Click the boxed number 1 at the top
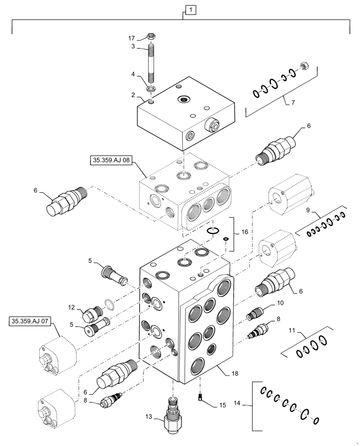(190, 9)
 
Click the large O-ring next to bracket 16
(213, 231)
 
